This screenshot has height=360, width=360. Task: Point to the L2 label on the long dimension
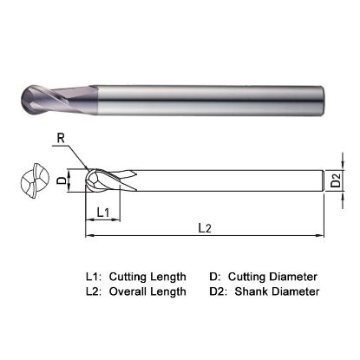point(205,228)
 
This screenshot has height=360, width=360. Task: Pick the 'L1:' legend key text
point(94,276)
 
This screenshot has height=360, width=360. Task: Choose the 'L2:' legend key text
point(94,291)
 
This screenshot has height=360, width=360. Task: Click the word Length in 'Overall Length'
point(170,291)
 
